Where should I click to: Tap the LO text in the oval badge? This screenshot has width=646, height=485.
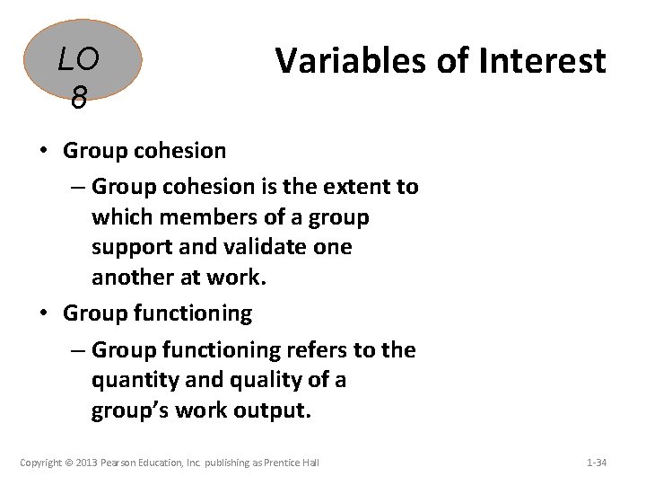tap(78, 61)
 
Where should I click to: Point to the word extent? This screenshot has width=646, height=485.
tap(353, 186)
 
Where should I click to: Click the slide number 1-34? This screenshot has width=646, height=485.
tap(596, 463)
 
